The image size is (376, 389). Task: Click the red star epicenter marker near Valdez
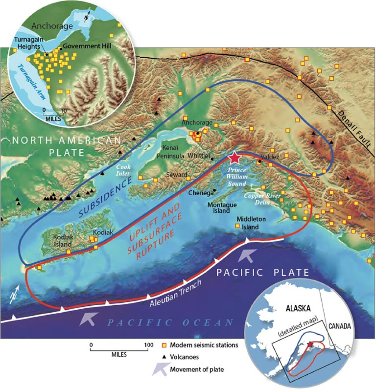pos(234,158)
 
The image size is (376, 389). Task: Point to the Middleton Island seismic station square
pos(238,226)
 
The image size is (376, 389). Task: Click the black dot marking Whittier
pos(212,159)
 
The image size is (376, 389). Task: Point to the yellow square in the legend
pos(165,345)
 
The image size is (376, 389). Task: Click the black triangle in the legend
pos(165,357)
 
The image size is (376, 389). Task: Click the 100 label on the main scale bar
pos(148,345)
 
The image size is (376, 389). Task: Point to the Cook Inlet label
pos(123,170)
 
